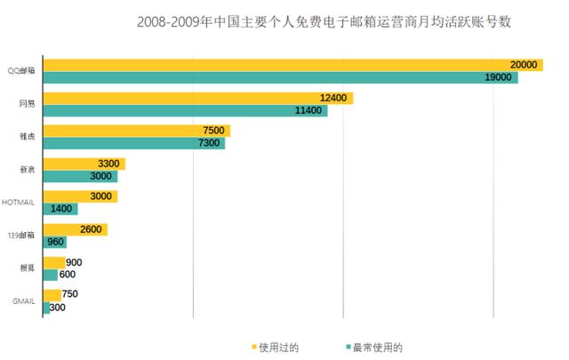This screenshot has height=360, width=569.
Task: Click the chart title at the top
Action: point(325,20)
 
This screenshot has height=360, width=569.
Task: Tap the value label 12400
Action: point(335,98)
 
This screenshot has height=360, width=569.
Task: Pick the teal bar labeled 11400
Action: point(185,111)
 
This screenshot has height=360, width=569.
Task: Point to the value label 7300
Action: point(209,143)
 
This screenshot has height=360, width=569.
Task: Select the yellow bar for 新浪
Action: point(84,164)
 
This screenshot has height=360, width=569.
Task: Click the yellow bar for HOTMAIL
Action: point(80,196)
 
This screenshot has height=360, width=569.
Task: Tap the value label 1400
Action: point(63,209)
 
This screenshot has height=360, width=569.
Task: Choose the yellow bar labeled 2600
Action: point(75,229)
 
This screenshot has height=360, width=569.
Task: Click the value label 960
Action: point(54,242)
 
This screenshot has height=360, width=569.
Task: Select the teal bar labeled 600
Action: point(50,275)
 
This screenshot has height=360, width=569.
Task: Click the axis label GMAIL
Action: point(24,301)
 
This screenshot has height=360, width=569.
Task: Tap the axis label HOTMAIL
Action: point(19,203)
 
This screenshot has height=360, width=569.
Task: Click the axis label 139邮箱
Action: point(22,236)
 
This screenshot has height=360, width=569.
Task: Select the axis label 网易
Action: point(28,104)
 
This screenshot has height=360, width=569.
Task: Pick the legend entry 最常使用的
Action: point(373,347)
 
